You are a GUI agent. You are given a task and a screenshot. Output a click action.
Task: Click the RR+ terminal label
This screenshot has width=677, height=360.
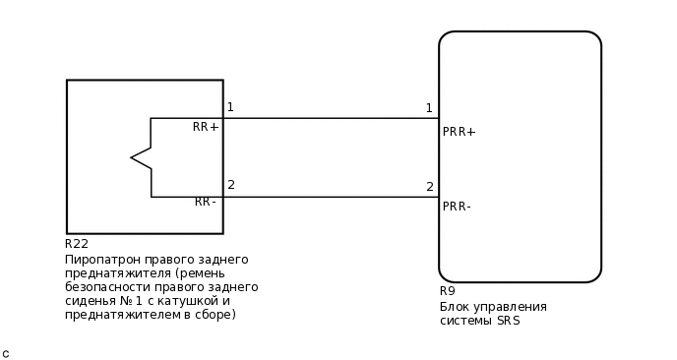206,127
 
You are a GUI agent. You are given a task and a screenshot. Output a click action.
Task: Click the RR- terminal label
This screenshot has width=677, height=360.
206,202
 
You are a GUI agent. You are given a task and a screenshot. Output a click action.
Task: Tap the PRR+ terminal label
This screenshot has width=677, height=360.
459,132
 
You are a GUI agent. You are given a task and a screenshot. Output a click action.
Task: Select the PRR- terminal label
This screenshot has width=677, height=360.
457,207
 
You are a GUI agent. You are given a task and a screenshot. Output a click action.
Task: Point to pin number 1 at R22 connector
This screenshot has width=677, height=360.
230,107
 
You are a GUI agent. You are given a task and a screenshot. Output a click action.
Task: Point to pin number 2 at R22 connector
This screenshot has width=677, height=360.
231,185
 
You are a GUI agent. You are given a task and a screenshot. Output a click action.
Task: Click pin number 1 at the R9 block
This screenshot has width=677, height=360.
429,108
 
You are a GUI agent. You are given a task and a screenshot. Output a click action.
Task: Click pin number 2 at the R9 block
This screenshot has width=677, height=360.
430,187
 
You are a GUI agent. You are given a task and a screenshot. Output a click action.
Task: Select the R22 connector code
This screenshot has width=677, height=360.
77,244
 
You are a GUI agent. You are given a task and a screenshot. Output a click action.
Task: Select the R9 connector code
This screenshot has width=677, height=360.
448,291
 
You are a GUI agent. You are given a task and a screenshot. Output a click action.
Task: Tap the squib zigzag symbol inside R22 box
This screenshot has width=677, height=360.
142,157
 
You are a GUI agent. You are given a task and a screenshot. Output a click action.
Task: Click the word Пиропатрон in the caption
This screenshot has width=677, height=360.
101,260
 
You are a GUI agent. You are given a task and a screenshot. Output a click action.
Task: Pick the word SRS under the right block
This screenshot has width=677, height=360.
508,321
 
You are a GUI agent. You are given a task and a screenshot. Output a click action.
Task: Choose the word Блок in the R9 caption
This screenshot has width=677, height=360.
455,307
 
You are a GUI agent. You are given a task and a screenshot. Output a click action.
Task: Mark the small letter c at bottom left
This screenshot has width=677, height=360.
6,353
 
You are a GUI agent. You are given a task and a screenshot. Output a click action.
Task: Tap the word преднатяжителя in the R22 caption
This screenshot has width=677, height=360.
110,273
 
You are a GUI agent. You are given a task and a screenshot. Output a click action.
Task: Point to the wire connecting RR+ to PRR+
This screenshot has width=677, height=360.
331,118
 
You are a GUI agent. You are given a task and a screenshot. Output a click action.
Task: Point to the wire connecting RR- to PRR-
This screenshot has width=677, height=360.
331,197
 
